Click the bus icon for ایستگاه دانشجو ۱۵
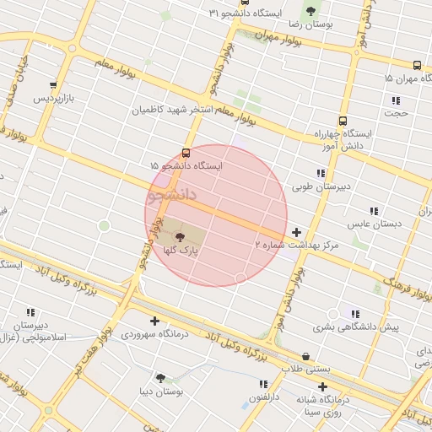click(186, 153)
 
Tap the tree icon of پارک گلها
click(179, 237)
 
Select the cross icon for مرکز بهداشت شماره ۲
click(296, 231)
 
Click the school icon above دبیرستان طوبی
click(321, 172)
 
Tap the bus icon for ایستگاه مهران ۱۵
click(417, 65)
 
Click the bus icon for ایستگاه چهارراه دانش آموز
click(342, 121)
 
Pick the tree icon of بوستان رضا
click(310, 11)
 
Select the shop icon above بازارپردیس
click(54, 85)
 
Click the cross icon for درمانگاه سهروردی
click(154, 320)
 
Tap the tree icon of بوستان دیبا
click(160, 377)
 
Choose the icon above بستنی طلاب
click(305, 356)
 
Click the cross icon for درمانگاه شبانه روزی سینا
click(322, 386)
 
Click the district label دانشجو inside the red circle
click(171, 196)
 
